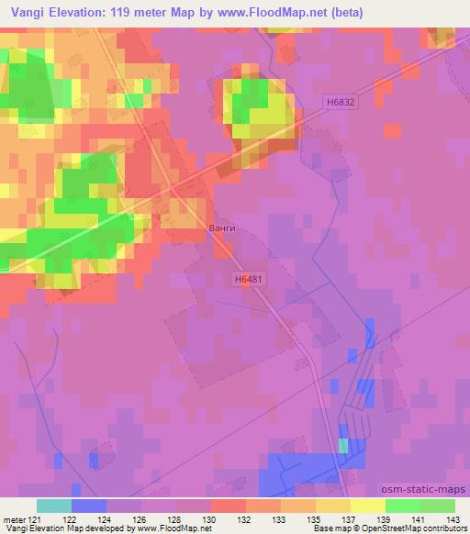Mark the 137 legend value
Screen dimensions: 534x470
(x=352, y=519)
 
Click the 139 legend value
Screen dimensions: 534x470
(x=386, y=519)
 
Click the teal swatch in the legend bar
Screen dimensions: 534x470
(x=53, y=506)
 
